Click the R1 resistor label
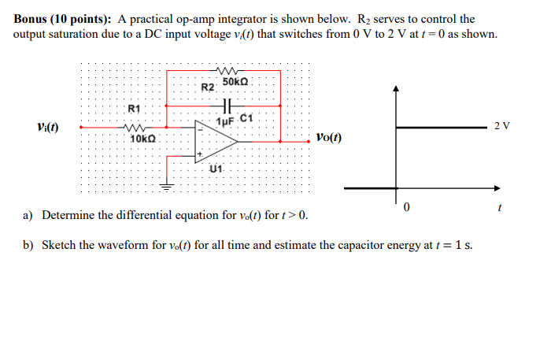pyautogui.click(x=133, y=108)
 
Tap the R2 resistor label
pyautogui.click(x=208, y=87)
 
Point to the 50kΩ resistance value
pyautogui.click(x=235, y=82)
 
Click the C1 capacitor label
pyautogui.click(x=245, y=118)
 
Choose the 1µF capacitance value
pyautogui.click(x=224, y=121)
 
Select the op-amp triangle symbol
pyautogui.click(x=221, y=143)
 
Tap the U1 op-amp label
pyautogui.click(x=217, y=169)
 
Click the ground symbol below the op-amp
pyautogui.click(x=165, y=187)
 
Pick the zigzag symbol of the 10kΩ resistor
pyautogui.click(x=133, y=124)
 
